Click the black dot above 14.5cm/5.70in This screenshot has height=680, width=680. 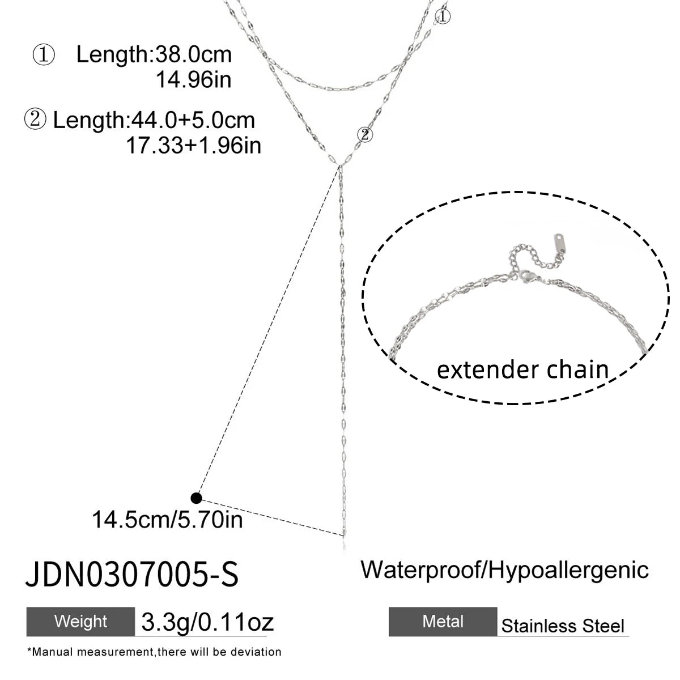(x=196, y=498)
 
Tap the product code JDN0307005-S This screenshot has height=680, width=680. (x=132, y=574)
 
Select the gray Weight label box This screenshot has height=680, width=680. (x=80, y=622)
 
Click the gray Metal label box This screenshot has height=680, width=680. (x=443, y=622)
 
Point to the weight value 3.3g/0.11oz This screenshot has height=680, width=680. (x=207, y=622)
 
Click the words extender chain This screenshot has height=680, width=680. (x=522, y=370)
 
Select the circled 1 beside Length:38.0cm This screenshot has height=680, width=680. (x=44, y=55)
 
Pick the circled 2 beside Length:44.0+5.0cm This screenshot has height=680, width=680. (x=35, y=119)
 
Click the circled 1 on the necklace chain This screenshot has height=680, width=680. (x=442, y=16)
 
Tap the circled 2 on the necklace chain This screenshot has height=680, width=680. (x=365, y=134)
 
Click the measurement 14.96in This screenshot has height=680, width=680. (x=193, y=79)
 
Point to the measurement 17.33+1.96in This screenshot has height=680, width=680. (x=193, y=146)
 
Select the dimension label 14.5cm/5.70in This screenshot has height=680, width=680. (x=167, y=520)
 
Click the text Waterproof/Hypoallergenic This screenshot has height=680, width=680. (x=504, y=571)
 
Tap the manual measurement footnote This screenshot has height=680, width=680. (x=154, y=652)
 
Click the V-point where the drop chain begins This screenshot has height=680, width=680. (x=339, y=165)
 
